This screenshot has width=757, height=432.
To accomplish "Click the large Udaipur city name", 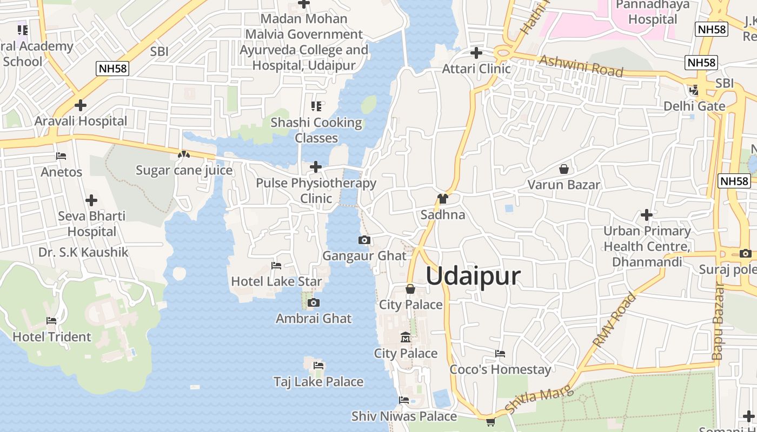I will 473,276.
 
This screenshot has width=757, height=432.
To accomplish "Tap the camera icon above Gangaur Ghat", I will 364,240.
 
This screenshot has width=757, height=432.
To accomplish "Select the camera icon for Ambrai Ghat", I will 313,302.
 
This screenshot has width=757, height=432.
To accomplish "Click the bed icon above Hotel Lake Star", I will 276,265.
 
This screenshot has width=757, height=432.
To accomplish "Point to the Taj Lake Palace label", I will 318,382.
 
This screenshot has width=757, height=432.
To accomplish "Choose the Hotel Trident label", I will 52,337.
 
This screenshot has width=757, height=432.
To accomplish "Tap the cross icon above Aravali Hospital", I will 81,105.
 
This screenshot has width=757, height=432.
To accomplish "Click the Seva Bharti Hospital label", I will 91,224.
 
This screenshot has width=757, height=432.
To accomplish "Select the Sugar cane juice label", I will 184,171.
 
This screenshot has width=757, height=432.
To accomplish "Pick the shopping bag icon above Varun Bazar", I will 563,169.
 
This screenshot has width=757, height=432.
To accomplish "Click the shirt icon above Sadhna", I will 443,199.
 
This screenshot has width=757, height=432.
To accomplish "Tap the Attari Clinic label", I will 476,69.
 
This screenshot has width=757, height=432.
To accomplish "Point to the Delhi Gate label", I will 694,106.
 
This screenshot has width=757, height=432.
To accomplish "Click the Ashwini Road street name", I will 581,66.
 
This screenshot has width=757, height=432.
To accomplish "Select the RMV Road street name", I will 615,320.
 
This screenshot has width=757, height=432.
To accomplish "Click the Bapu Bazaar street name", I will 718,321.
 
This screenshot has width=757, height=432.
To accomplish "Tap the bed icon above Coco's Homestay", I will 500,354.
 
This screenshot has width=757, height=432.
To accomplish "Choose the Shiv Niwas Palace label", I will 404,416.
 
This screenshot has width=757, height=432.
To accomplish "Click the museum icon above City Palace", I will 405,338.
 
